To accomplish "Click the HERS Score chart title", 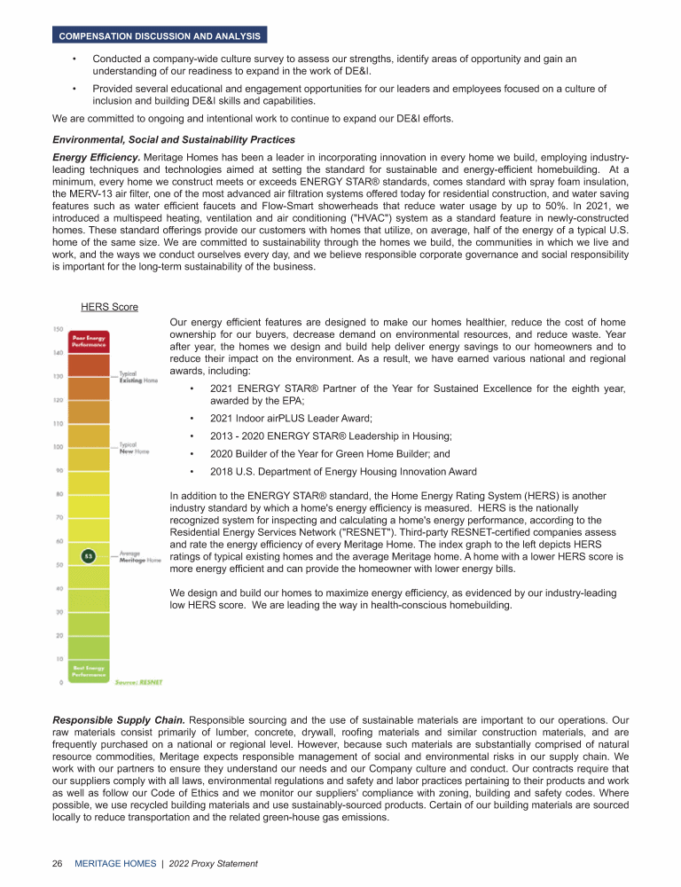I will pos(109,307).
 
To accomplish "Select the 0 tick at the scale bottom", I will pos(59,682).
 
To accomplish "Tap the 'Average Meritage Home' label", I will pos(140,557).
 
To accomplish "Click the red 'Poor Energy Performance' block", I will pos(90,341).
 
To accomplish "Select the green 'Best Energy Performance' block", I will pos(90,671).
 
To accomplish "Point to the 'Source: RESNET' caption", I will pos(138,682).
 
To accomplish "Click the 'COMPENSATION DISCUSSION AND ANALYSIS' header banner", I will pos(160,36).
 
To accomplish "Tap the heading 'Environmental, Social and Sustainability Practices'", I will pos(174,139).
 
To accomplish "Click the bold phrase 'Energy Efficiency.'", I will pos(97,157).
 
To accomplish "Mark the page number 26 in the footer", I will pos(58,863).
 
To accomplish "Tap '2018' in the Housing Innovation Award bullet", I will pos(222,471).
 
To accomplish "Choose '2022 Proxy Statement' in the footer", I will pos(213,863).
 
